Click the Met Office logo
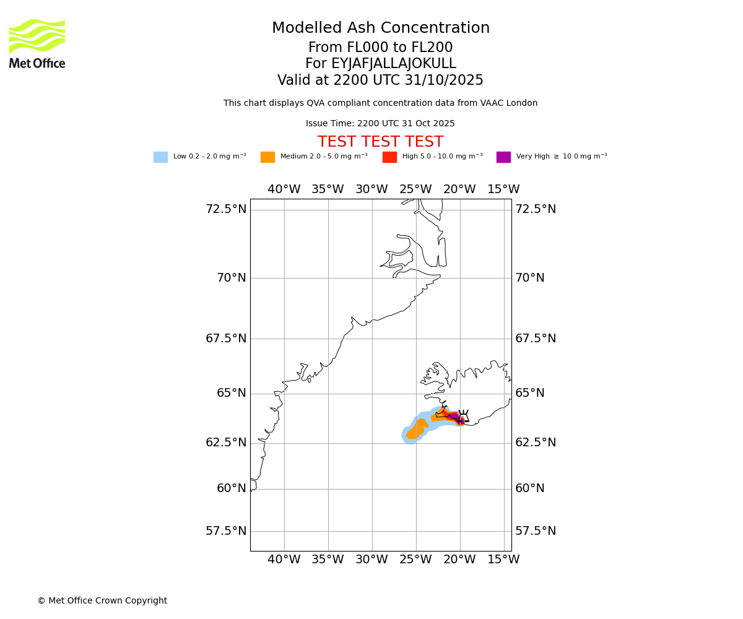pos(37,43)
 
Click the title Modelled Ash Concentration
pos(380,28)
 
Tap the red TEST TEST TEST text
pos(380,142)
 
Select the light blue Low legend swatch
pos(160,157)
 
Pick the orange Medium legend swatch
pos(267,157)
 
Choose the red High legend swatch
pos(389,157)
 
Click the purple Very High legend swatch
pos(503,157)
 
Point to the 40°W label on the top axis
pos(284,189)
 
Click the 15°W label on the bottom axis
pos(503,560)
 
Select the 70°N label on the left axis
pos(232,278)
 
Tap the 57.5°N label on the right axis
pos(536,531)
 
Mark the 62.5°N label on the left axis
pos(226,443)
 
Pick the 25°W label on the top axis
pos(415,189)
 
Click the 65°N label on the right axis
pos(530,393)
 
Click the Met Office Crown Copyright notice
pos(102,601)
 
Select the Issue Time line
pos(380,124)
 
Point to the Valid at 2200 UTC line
pos(380,80)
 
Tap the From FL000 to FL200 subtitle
pos(380,48)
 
